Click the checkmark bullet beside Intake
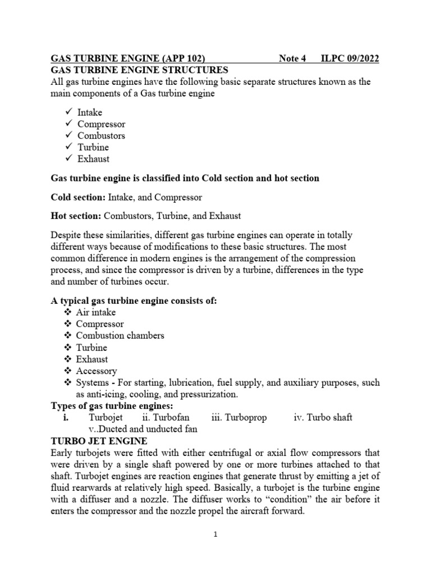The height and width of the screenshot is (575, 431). (x=69, y=112)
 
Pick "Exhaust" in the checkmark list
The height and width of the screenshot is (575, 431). (x=93, y=159)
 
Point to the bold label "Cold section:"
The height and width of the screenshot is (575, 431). (x=76, y=198)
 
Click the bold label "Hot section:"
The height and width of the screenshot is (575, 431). (x=74, y=217)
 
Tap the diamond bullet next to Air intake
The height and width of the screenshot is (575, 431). (x=68, y=313)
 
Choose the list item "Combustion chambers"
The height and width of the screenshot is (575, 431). (x=120, y=336)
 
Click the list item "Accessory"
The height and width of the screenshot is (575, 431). (x=97, y=371)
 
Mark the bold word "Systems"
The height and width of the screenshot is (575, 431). (x=94, y=383)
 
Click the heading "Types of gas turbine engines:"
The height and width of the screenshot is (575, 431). (x=112, y=406)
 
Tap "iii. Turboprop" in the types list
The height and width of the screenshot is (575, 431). (x=239, y=418)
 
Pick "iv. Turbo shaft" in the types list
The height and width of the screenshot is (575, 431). (x=323, y=418)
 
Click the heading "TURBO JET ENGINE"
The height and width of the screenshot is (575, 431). (x=99, y=441)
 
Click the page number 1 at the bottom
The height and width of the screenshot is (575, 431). (x=215, y=535)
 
